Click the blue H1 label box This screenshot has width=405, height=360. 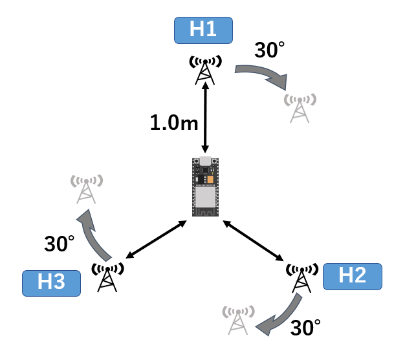click(203, 30)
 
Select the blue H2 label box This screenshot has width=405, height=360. click(353, 277)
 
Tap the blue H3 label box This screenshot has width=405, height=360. click(51, 283)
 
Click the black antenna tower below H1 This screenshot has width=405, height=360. click(205, 70)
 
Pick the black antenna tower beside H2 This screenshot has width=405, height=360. click(301, 278)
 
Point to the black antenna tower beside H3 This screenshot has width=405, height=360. click(107, 277)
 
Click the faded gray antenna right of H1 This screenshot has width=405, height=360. click(300, 108)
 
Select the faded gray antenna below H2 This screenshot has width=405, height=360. click(238, 320)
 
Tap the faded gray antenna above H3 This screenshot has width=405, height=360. click(87, 189)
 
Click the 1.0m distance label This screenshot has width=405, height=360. click(174, 123)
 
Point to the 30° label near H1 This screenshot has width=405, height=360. click(269, 50)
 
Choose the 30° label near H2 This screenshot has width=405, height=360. click(305, 328)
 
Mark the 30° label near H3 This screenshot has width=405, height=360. click(60, 244)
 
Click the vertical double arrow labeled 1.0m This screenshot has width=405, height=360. click(206, 118)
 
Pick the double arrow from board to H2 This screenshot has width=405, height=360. click(253, 240)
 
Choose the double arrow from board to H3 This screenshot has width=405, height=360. click(156, 239)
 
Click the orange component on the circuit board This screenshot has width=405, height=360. click(210, 180)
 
